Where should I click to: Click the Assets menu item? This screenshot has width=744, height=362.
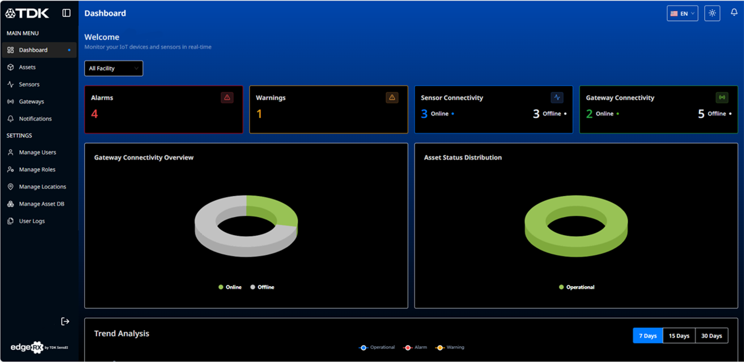coord(27,67)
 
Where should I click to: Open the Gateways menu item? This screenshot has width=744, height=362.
coord(31,101)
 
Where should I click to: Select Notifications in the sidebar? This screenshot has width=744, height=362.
coord(35,119)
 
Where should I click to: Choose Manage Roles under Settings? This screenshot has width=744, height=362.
coord(37,170)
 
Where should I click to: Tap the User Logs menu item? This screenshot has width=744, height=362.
coord(31,221)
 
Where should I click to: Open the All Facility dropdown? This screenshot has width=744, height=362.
coord(114,68)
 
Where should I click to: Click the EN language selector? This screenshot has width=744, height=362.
coord(682,13)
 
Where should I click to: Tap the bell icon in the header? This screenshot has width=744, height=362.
coord(734,13)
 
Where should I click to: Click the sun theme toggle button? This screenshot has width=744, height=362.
coord(712,13)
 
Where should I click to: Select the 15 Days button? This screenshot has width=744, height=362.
coord(679,336)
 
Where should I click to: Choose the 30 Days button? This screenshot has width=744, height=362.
coord(712,336)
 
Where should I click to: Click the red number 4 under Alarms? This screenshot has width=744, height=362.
coord(95,114)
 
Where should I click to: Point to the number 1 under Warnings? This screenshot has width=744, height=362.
coord(259,114)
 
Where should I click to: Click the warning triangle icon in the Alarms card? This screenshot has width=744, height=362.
coord(227,98)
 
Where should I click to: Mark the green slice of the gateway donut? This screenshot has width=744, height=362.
coord(274,211)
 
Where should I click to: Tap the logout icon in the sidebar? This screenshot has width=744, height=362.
coord(65,321)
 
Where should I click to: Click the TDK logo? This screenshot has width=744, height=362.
coord(27,13)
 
